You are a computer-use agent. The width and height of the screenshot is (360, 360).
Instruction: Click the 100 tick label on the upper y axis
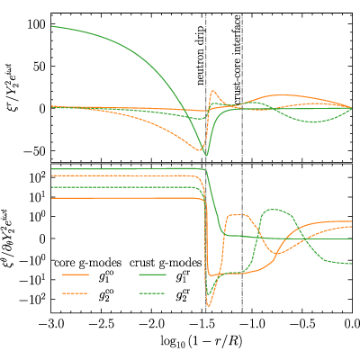coord(37,24)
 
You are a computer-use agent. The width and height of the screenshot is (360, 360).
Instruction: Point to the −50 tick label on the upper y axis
coord(34,151)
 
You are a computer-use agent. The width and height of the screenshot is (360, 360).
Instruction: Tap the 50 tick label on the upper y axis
coord(40,67)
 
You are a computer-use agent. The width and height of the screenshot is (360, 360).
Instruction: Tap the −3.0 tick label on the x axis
coord(51,324)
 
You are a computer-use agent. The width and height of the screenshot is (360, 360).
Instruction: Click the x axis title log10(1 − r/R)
coord(202,341)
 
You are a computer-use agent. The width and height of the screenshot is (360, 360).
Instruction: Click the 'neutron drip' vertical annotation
coord(201,56)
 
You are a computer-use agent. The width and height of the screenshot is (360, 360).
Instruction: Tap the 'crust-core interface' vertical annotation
coord(237,60)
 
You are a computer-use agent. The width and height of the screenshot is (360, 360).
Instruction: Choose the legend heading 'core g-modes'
coord(88,263)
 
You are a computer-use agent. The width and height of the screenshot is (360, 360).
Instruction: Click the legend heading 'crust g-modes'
coord(166,263)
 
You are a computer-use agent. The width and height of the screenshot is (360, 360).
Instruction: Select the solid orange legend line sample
coord(75,274)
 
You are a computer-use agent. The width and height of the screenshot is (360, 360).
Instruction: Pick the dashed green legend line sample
coord(152,293)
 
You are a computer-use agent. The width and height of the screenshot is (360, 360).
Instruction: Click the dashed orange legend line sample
coord(75,293)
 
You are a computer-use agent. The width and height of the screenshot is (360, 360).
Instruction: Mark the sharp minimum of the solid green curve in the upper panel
coord(206,155)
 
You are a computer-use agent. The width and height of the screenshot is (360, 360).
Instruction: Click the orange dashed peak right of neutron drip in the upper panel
coord(213,90)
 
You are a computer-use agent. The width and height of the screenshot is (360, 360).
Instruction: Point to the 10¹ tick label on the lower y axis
coord(37,198)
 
